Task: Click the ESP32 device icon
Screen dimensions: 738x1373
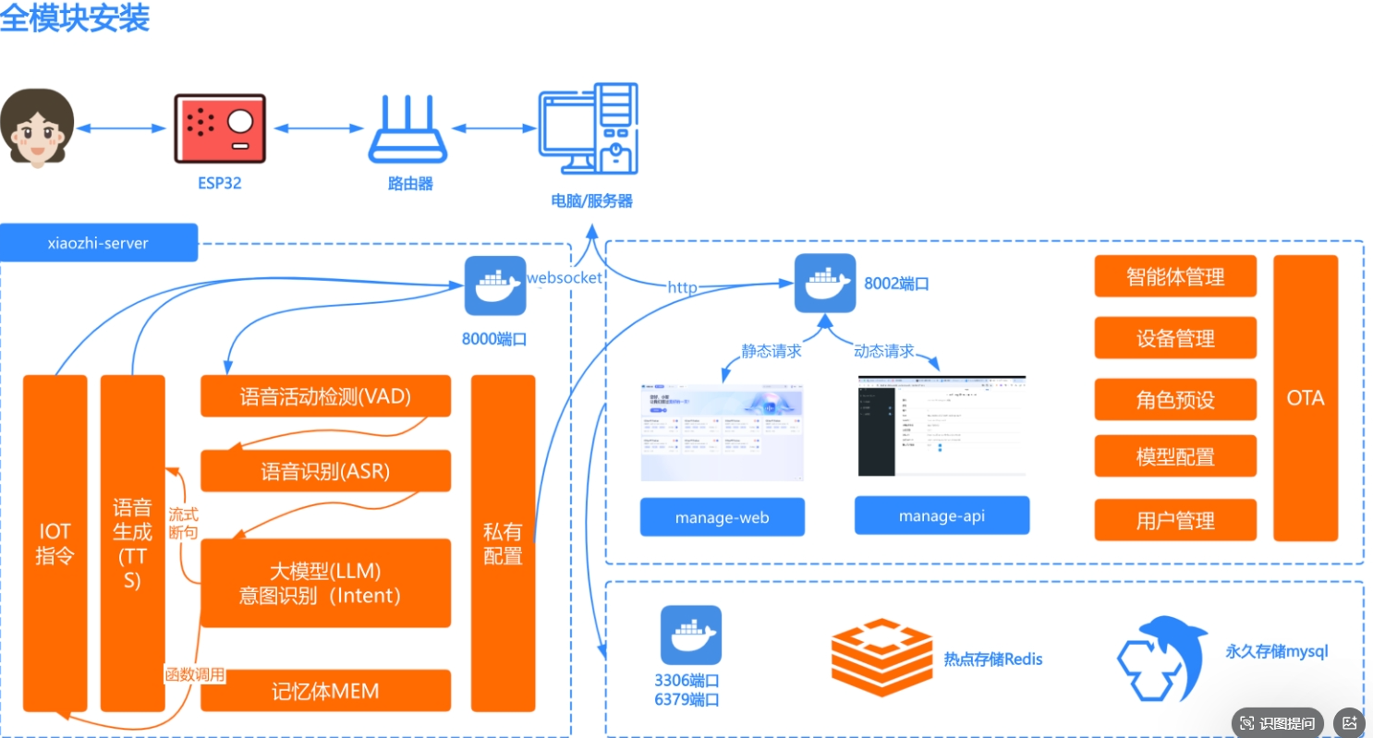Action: pyautogui.click(x=220, y=128)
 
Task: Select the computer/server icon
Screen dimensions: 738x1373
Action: pyautogui.click(x=589, y=129)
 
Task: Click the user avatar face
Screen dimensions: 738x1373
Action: pyautogui.click(x=37, y=128)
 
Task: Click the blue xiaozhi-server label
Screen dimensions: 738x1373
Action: pyautogui.click(x=98, y=243)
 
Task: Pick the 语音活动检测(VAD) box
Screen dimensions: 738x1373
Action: pyautogui.click(x=325, y=396)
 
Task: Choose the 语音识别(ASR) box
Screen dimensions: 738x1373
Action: pyautogui.click(x=325, y=471)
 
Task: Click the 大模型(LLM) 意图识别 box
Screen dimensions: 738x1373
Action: pyautogui.click(x=325, y=583)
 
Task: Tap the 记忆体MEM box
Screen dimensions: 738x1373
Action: pyautogui.click(x=325, y=691)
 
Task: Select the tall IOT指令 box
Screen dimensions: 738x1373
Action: pyautogui.click(x=55, y=543)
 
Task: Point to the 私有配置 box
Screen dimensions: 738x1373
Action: pyautogui.click(x=503, y=543)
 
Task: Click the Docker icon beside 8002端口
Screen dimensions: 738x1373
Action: pyautogui.click(x=825, y=283)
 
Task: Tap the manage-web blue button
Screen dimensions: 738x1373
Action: pyautogui.click(x=722, y=517)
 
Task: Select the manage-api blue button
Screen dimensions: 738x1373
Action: pyautogui.click(x=942, y=515)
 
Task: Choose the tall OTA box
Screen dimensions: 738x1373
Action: pyautogui.click(x=1305, y=398)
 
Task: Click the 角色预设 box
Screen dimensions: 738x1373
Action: pyautogui.click(x=1175, y=399)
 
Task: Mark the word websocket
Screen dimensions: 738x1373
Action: pyautogui.click(x=564, y=277)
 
